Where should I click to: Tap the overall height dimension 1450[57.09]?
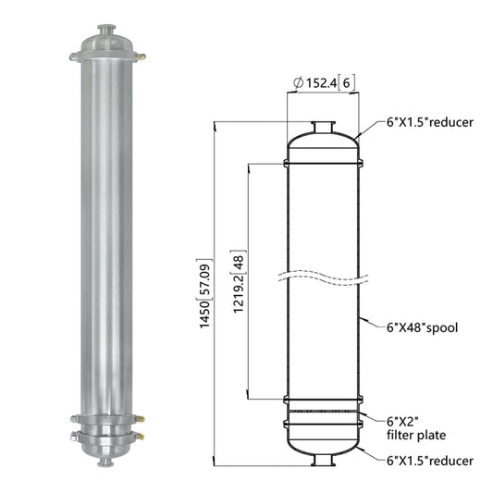click(206, 293)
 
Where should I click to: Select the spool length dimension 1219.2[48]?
click(239, 281)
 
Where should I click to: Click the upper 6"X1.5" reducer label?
click(430, 122)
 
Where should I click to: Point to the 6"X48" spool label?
click(422, 328)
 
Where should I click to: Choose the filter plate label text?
click(416, 428)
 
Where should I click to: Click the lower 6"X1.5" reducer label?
click(430, 461)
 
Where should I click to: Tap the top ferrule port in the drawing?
click(323, 127)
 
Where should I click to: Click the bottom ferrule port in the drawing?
click(323, 460)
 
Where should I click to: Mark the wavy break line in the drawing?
click(323, 277)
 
